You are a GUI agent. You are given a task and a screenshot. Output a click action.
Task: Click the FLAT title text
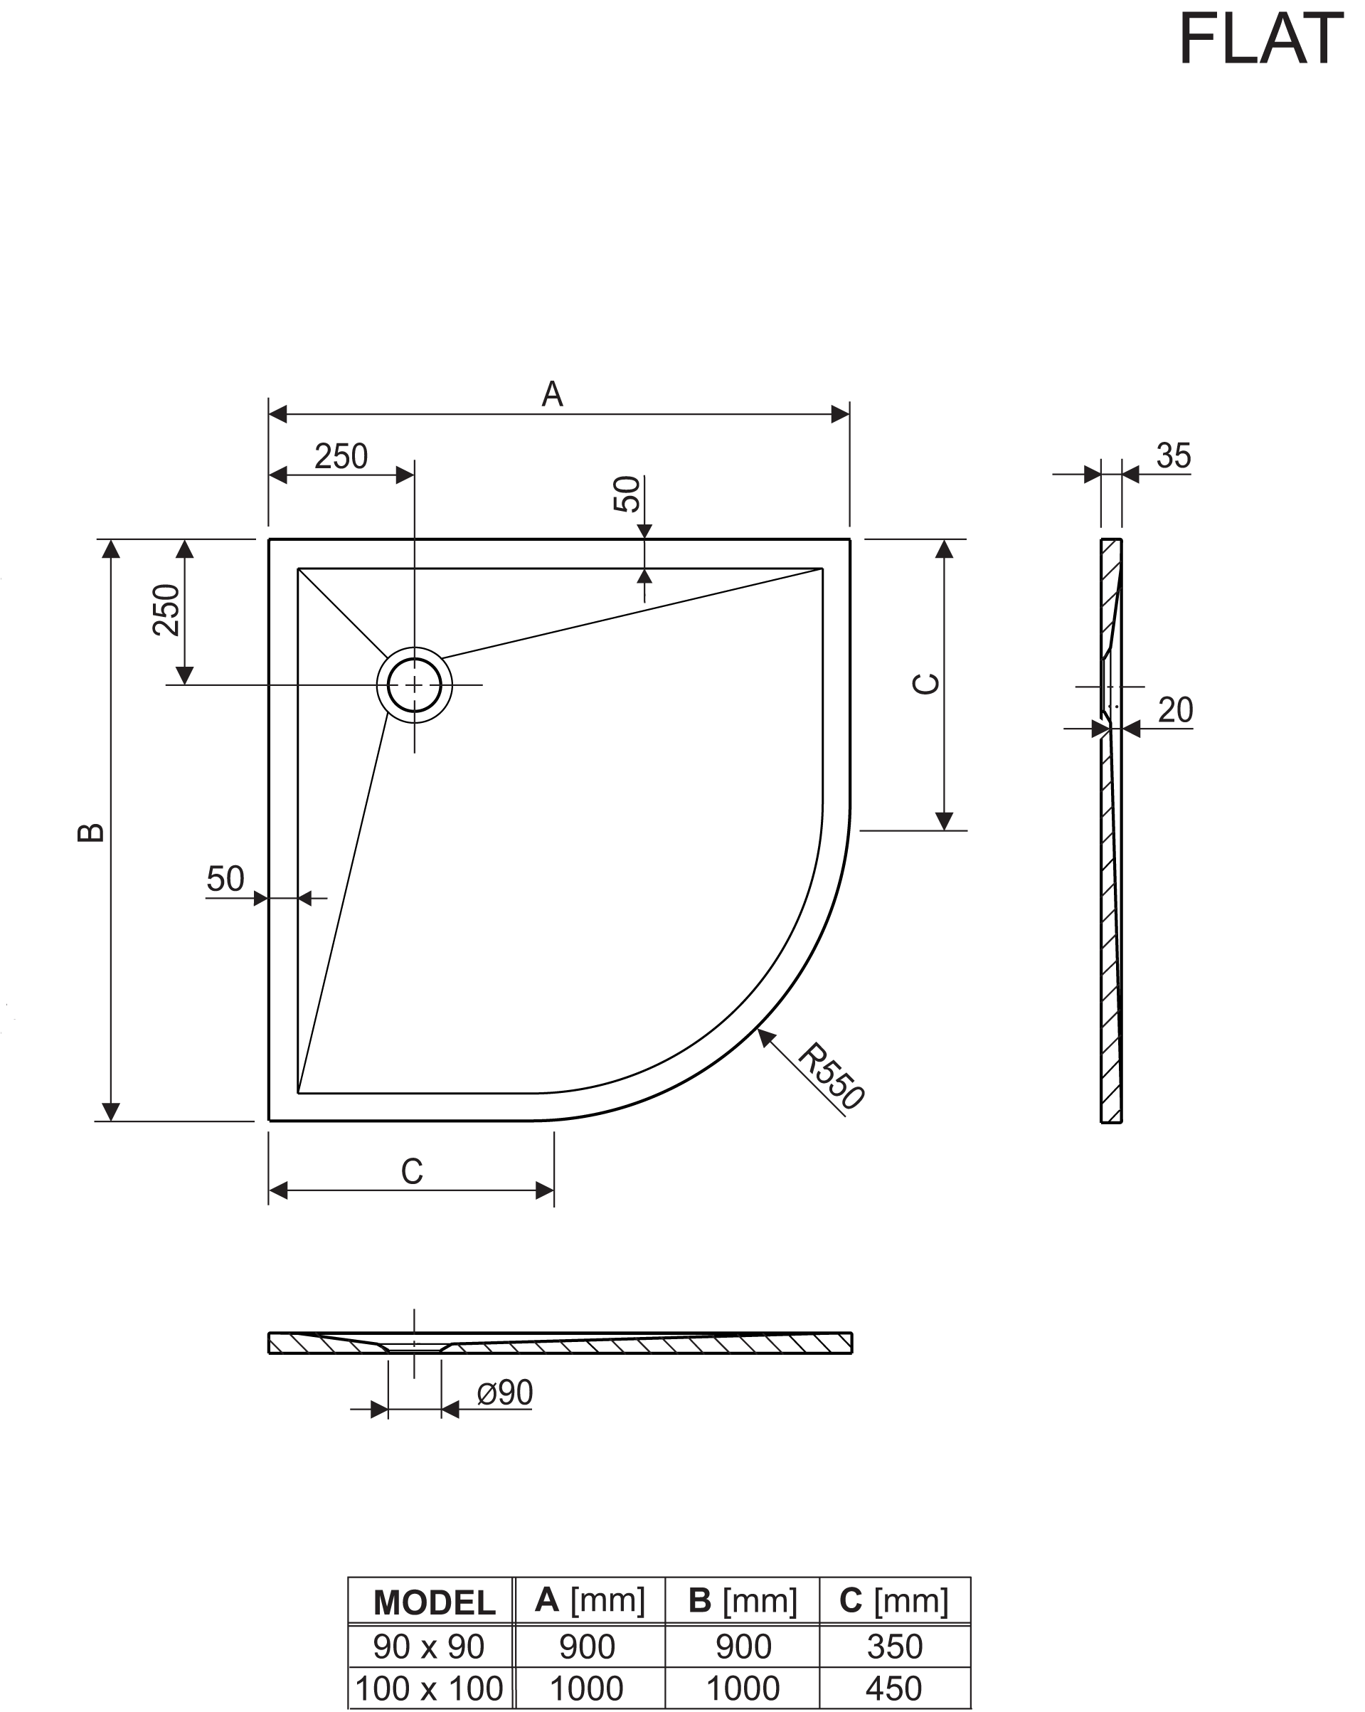coord(1261,38)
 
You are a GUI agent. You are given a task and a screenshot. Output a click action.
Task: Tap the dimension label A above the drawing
coord(553,395)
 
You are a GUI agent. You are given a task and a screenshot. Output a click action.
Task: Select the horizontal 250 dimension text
coord(341,457)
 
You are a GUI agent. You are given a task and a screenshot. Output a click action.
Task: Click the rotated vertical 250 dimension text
coord(166,610)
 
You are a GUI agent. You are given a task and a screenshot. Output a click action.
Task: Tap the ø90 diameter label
coord(505,1393)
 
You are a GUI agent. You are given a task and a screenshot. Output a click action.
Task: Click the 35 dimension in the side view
coord(1173,457)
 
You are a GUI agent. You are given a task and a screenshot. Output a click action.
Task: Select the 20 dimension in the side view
coord(1175,710)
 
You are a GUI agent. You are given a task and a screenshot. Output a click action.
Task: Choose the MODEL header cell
coord(434,1602)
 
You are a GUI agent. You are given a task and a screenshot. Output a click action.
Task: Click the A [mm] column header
coord(590,1600)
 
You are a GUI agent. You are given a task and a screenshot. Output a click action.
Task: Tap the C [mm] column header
coord(893,1600)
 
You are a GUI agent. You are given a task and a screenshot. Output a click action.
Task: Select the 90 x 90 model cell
coord(428,1647)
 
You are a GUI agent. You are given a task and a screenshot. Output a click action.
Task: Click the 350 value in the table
coord(894,1647)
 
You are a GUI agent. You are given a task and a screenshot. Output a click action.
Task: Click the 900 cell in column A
coord(588,1647)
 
